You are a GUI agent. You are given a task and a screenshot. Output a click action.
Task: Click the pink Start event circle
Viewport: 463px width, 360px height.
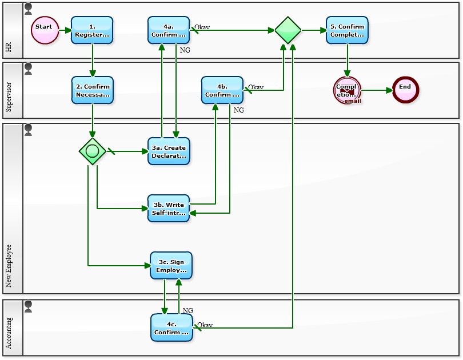tap(45, 30)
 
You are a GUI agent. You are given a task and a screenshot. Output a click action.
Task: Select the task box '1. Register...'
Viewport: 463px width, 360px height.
tap(92, 30)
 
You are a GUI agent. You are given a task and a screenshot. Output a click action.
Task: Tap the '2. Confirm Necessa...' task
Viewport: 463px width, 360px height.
tap(92, 90)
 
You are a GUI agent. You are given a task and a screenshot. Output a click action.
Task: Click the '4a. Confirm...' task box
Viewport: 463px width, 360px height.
tap(169, 30)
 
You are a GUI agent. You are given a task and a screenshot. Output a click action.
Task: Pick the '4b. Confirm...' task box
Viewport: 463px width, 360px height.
tap(222, 90)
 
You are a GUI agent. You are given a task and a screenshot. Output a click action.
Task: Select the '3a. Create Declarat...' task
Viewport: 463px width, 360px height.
tap(169, 151)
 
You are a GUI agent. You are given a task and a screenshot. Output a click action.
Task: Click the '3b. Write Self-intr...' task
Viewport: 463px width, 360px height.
tap(169, 209)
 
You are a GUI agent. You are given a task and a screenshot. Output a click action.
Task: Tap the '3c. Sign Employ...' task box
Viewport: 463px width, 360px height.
tap(171, 266)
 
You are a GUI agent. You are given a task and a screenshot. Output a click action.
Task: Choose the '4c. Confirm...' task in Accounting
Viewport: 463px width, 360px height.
tap(171, 327)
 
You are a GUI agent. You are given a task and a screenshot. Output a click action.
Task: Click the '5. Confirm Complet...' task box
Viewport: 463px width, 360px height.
tap(347, 30)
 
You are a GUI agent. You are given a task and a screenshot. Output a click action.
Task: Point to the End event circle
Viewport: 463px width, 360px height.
tap(405, 90)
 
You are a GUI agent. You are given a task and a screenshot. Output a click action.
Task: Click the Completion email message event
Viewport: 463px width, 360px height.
tap(347, 90)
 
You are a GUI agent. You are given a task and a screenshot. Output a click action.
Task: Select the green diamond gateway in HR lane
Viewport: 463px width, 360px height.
tap(288, 30)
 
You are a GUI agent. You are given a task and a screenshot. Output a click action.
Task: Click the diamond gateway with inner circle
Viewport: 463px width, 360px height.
tap(92, 151)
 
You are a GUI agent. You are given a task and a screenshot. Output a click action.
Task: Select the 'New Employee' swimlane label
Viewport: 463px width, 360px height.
tap(9, 266)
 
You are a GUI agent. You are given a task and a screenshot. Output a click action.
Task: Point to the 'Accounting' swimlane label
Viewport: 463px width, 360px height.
tap(9, 334)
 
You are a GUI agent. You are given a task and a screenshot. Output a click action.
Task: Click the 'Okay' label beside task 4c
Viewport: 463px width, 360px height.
tap(205, 325)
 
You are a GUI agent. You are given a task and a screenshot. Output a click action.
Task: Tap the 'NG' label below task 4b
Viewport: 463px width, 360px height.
tap(239, 110)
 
